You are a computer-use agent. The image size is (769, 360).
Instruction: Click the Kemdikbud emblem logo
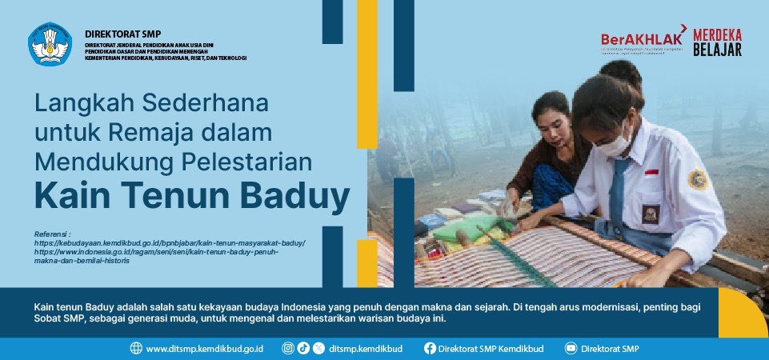tap(50, 45)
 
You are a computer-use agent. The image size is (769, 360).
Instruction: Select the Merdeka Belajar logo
tap(717, 42)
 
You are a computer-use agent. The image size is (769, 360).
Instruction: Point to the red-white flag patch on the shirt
tap(651, 173)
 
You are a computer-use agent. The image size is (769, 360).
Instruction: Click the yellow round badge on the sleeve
tap(697, 179)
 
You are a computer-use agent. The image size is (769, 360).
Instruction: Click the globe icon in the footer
tap(136, 349)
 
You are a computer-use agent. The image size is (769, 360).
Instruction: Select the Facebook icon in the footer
tap(430, 349)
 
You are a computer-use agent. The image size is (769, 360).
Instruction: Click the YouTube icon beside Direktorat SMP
tap(571, 349)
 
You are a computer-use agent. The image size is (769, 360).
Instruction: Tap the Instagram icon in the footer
tap(288, 349)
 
